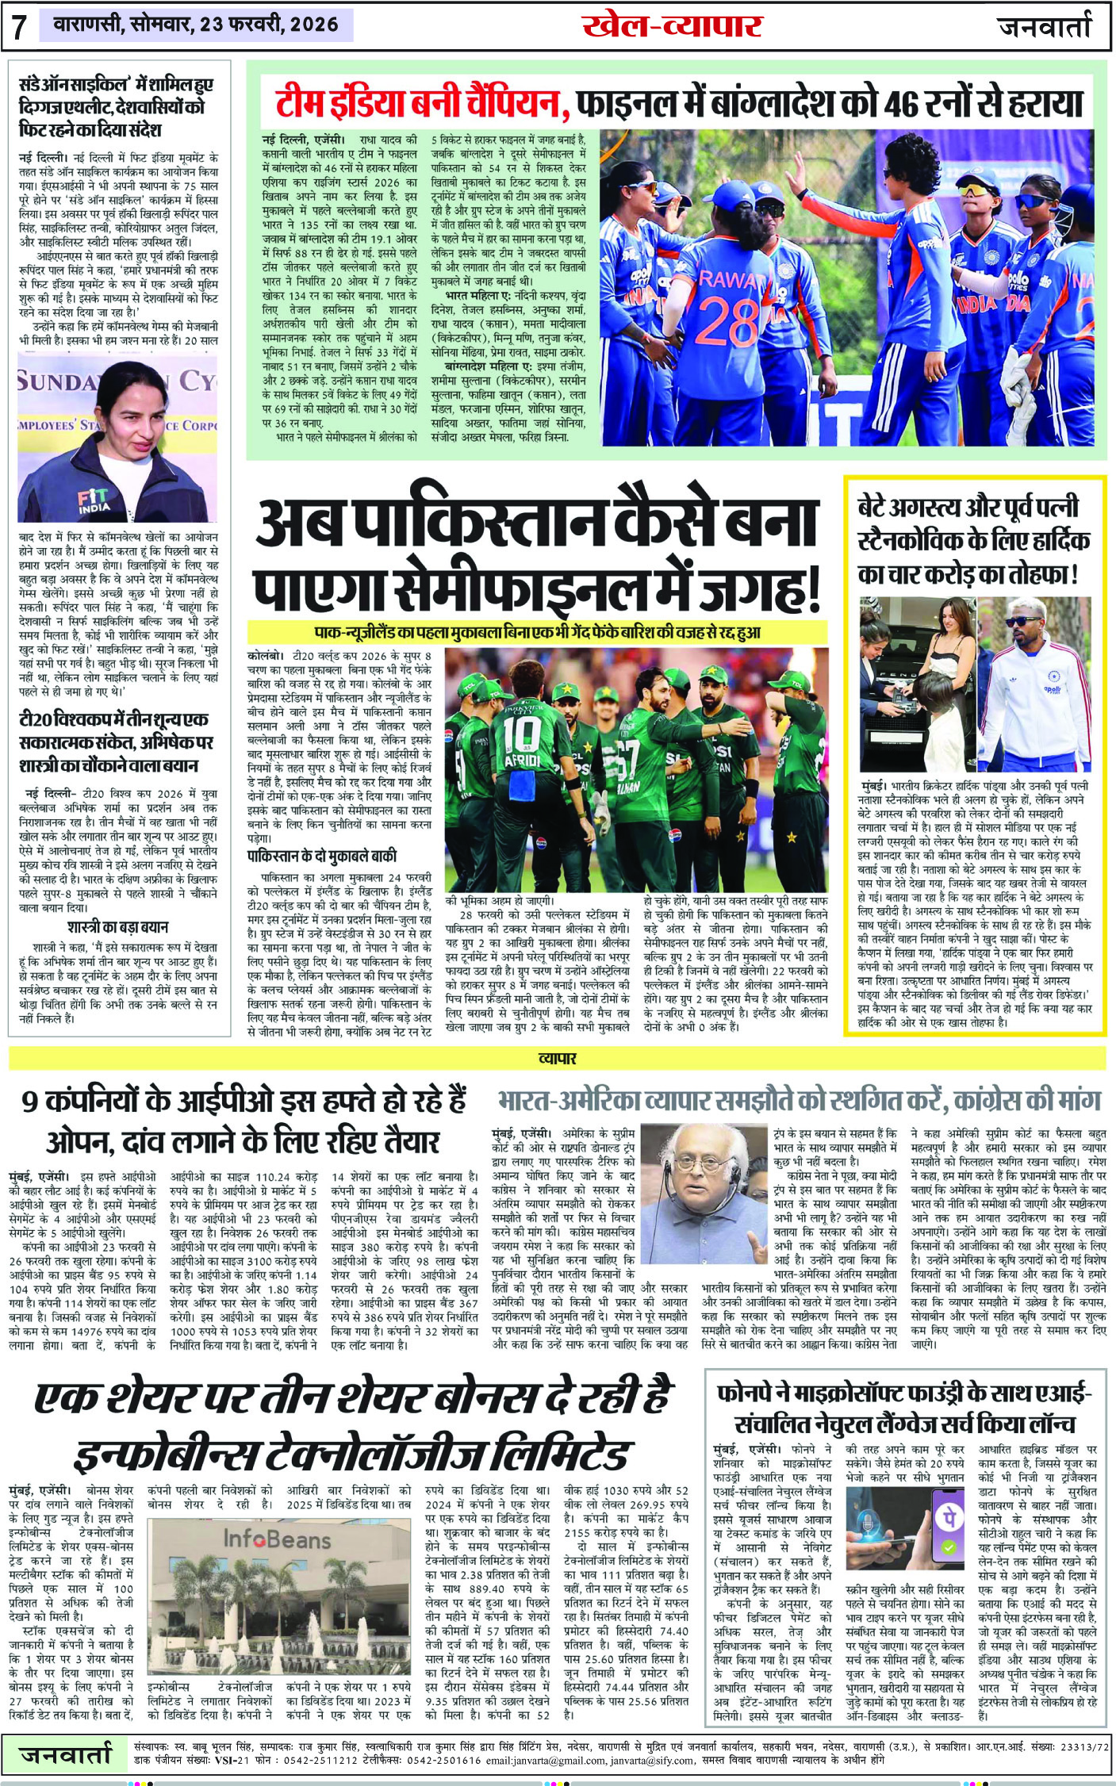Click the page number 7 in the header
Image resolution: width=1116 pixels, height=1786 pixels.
tap(19, 28)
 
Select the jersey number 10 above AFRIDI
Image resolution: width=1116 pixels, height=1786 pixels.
tap(521, 734)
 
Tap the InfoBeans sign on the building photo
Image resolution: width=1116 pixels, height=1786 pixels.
tap(277, 1539)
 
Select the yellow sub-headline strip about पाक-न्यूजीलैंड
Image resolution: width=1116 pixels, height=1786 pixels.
tap(538, 632)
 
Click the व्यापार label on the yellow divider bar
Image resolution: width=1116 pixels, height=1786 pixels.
tap(558, 1058)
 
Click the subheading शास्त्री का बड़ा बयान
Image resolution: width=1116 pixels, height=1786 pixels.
tap(117, 926)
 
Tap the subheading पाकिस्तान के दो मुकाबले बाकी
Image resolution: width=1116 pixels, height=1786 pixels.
tap(321, 856)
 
